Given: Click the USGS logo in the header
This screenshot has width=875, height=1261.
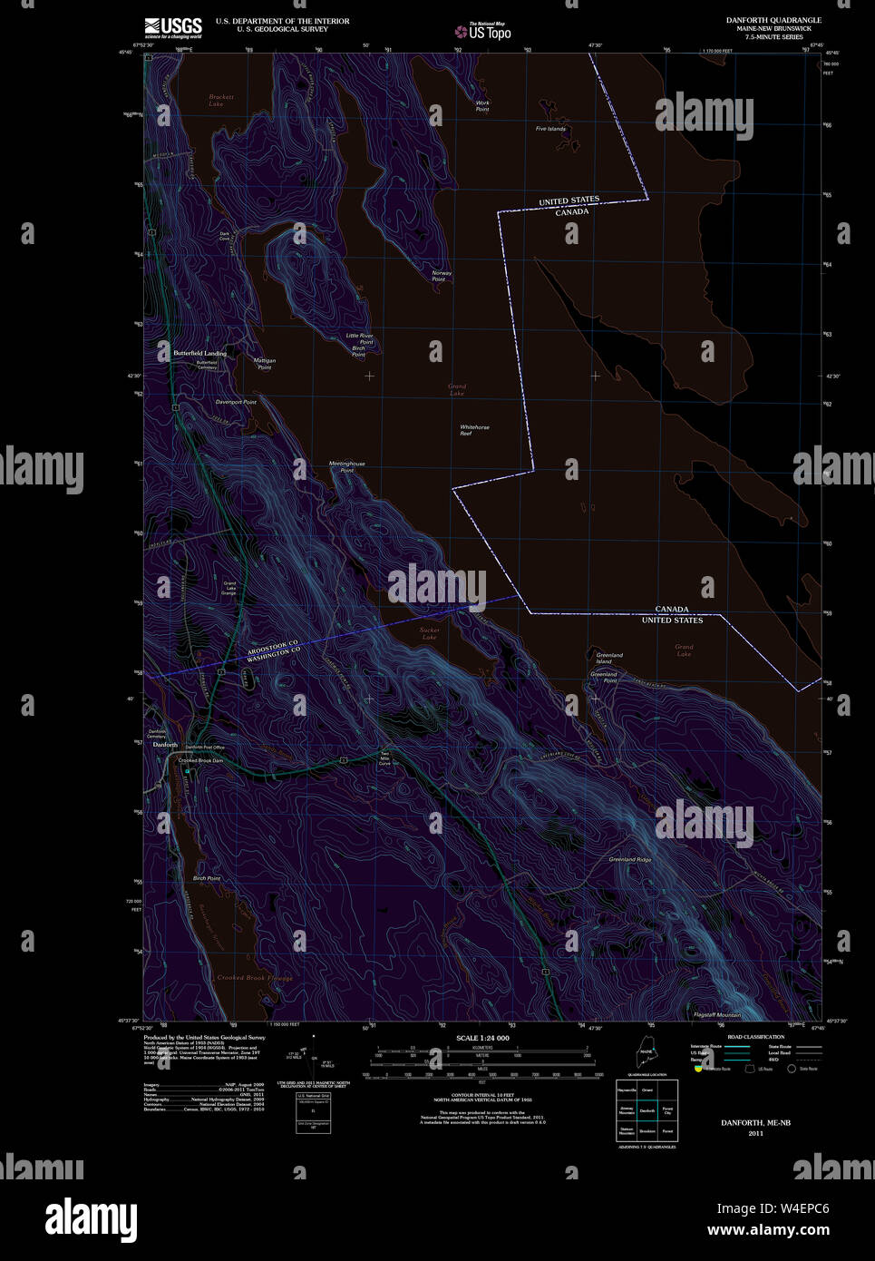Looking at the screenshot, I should (173, 28).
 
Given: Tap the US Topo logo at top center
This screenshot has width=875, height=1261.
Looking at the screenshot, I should (485, 32).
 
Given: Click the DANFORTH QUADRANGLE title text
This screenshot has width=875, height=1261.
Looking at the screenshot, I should (773, 20).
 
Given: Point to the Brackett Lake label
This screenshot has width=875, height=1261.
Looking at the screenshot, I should (220, 100).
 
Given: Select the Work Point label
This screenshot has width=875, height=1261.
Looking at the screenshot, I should (482, 105).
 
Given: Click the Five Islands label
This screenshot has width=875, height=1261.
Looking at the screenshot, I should (550, 129).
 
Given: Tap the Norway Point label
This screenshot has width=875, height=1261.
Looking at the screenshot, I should (441, 276).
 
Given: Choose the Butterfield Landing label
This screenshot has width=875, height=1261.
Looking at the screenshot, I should (199, 353).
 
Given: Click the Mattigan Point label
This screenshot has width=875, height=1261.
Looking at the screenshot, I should (264, 364).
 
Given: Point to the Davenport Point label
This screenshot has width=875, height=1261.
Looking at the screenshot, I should (236, 402).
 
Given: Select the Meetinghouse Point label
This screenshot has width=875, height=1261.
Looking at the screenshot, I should (346, 466).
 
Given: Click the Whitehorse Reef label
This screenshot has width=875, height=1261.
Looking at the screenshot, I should (474, 430).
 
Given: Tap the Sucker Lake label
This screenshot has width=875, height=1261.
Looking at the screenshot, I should (429, 633).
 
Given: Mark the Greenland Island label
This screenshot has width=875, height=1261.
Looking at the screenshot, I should (609, 658).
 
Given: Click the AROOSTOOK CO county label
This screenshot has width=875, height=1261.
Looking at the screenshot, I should (273, 644).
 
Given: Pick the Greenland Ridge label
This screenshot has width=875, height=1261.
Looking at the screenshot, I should (629, 859).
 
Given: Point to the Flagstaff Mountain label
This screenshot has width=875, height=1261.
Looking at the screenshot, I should (716, 1014).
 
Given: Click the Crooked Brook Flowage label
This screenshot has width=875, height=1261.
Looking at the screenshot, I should (255, 978).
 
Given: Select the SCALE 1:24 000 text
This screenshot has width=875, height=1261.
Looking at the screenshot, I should (482, 1038).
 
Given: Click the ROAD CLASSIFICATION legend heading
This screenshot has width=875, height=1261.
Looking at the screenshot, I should (755, 1037).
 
